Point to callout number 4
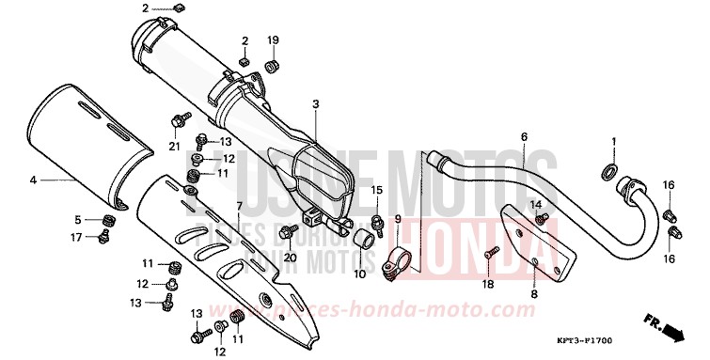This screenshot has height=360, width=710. click(x=32, y=179)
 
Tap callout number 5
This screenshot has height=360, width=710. click(x=80, y=220)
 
